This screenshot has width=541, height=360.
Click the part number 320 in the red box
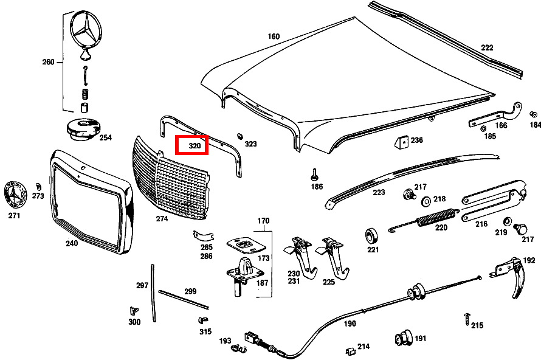(195, 146)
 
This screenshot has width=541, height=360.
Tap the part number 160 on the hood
(274, 36)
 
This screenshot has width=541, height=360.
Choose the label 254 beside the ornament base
(106, 138)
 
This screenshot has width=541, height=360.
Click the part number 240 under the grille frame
(72, 243)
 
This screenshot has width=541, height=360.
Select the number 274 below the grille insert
(162, 218)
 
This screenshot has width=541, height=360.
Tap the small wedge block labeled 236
(400, 142)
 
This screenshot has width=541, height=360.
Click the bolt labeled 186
(315, 174)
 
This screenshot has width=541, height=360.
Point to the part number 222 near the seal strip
(488, 47)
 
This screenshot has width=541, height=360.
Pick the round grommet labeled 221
(372, 235)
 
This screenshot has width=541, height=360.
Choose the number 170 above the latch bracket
(263, 220)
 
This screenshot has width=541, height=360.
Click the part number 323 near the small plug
(251, 144)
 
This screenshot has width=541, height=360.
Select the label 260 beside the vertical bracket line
(49, 62)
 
